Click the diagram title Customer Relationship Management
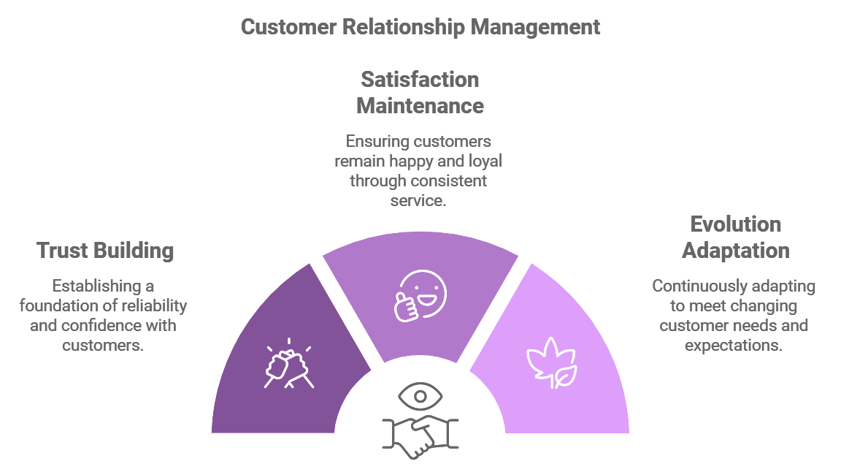[420, 27]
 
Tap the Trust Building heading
[105, 251]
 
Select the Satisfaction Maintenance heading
[420, 93]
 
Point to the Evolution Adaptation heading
[735, 237]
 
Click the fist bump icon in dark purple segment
[288, 363]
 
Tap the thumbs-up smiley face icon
[420, 296]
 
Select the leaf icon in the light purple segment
[552, 362]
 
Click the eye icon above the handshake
[420, 397]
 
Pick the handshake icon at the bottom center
[420, 437]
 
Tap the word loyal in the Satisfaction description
[485, 161]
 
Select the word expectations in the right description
[733, 345]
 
